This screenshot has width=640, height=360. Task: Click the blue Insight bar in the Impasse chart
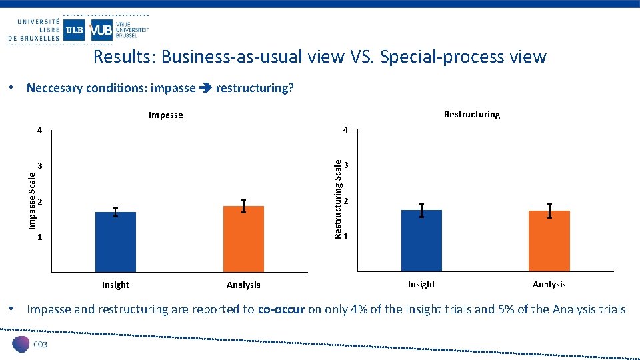pyautogui.click(x=115, y=241)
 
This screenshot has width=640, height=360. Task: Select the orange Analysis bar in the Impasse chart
pyautogui.click(x=243, y=239)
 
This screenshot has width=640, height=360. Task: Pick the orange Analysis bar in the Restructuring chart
pyautogui.click(x=549, y=241)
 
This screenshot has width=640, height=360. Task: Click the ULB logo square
pyautogui.click(x=75, y=31)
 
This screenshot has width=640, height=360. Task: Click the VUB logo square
pyautogui.click(x=101, y=31)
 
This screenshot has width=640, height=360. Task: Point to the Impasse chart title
pyautogui.click(x=165, y=115)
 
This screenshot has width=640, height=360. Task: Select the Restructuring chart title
pyautogui.click(x=471, y=115)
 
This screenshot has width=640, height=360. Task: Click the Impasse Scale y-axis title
pyautogui.click(x=32, y=199)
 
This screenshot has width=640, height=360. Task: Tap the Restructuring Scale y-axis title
pyautogui.click(x=338, y=198)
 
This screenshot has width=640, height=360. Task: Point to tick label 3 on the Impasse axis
pyautogui.click(x=40, y=165)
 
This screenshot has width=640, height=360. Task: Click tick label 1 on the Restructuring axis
pyautogui.click(x=346, y=237)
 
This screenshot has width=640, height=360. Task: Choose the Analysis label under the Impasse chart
pyautogui.click(x=243, y=285)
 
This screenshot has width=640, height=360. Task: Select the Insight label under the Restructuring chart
pyautogui.click(x=421, y=285)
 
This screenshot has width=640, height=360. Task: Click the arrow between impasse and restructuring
pyautogui.click(x=205, y=88)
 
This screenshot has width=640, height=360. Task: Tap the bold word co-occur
pyautogui.click(x=281, y=309)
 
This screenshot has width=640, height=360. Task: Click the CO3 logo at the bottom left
pyautogui.click(x=30, y=344)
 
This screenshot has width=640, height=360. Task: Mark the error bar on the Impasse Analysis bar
pyautogui.click(x=243, y=207)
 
